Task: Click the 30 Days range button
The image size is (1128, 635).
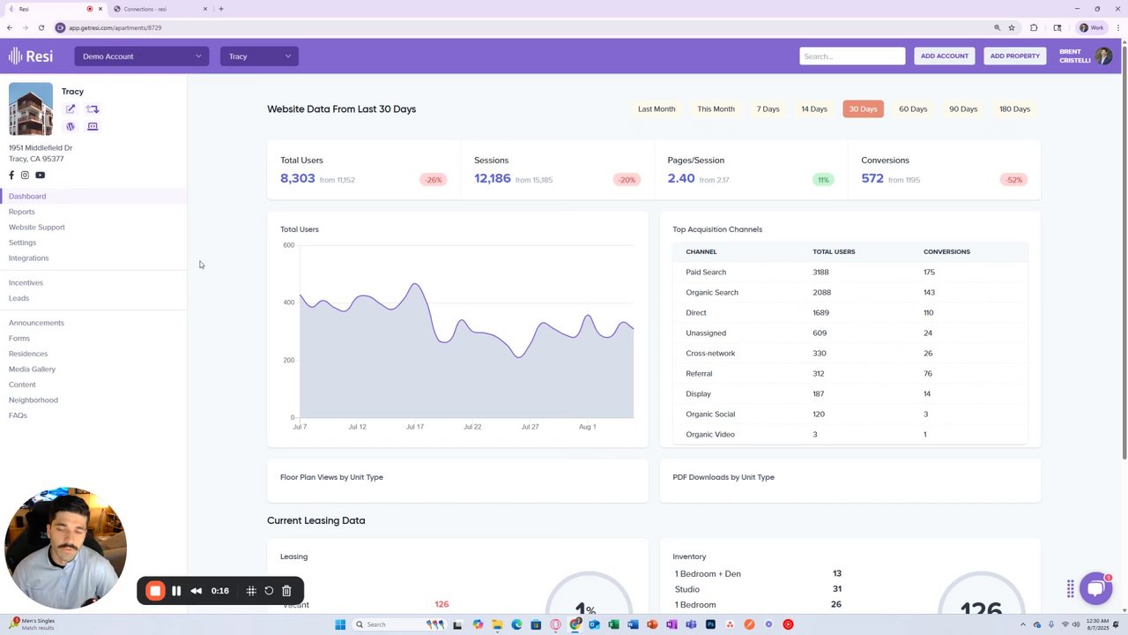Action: pos(863,109)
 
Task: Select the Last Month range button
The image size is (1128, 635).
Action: pos(657,109)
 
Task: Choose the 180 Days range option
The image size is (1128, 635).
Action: pos(1014,109)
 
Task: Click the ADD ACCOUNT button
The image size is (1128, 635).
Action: pos(944,56)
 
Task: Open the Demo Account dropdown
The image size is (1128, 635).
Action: pos(142,56)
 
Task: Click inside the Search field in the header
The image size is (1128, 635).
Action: pos(851,56)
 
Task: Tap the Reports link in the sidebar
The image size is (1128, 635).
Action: pos(22,212)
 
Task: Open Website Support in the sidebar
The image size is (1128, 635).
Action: pos(37,228)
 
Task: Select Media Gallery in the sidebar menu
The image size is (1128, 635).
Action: pos(32,370)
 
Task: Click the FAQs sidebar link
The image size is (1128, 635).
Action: pos(18,415)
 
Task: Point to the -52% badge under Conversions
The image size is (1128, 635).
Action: pos(1013,180)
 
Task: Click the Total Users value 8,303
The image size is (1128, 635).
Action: pos(298,178)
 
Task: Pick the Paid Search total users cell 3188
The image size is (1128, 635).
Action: pos(820,273)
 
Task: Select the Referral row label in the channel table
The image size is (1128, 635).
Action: pos(699,374)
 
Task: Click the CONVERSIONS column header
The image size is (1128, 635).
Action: pos(946,252)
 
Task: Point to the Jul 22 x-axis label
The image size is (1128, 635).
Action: pos(472,427)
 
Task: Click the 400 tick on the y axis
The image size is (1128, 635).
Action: pos(289,303)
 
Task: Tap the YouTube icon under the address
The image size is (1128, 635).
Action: pos(40,176)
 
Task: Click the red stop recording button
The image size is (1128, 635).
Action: pos(155,591)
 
